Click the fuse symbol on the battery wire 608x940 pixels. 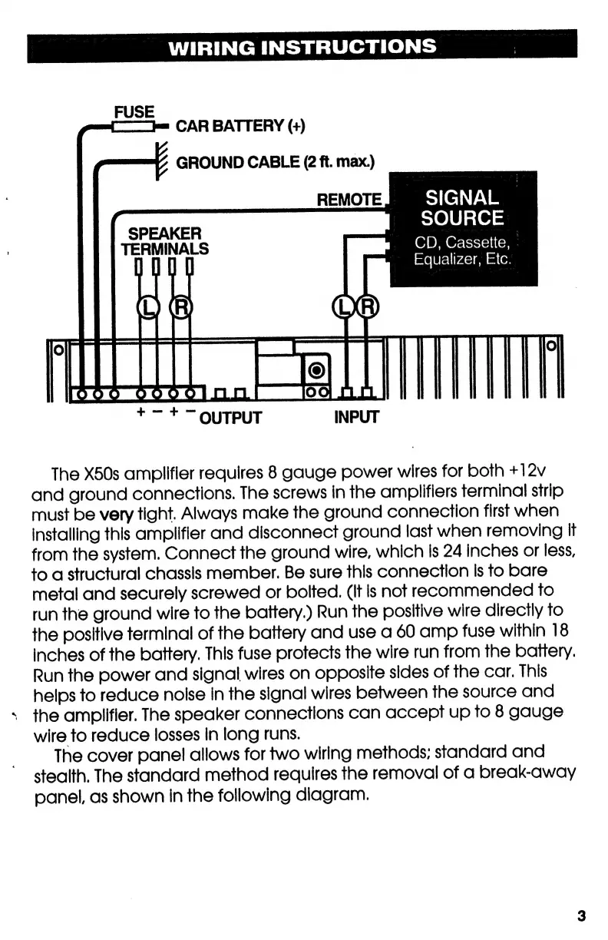134,126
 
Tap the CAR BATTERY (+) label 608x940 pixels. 240,126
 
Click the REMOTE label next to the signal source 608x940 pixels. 349,200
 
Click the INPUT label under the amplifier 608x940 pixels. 356,418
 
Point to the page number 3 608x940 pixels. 581,915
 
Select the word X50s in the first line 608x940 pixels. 104,471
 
